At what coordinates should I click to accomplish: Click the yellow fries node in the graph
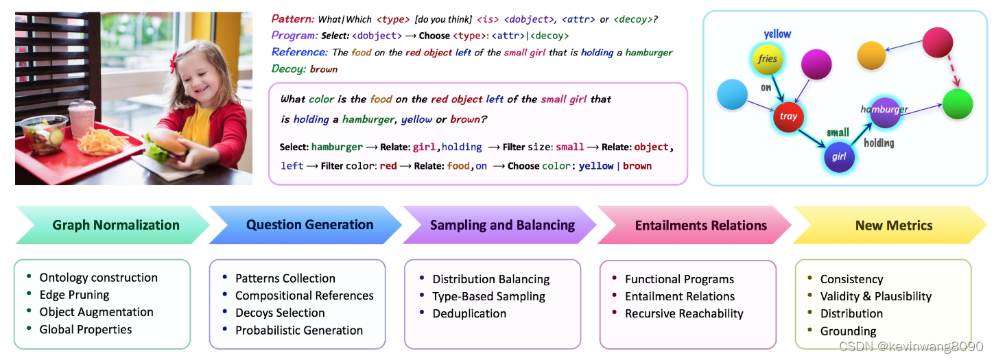click(768, 59)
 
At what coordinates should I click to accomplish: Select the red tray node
click(788, 117)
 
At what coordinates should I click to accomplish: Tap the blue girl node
click(840, 156)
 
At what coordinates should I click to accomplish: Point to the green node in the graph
click(958, 104)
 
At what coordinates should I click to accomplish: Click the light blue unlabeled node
click(732, 94)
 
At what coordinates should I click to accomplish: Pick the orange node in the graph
click(871, 56)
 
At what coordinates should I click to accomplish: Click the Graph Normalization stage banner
click(115, 225)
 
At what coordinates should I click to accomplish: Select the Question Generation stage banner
click(309, 225)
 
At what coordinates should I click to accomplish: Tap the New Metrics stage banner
click(893, 225)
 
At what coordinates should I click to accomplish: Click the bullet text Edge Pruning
click(74, 295)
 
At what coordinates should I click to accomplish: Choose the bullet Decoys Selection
click(280, 313)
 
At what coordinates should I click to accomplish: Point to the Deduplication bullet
click(469, 313)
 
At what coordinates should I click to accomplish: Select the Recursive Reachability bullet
click(683, 313)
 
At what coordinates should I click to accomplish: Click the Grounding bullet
click(848, 331)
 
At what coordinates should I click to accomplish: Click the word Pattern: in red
click(293, 19)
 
